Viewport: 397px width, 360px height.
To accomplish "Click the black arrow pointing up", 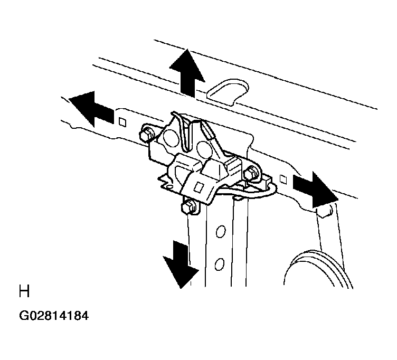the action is [x=187, y=73].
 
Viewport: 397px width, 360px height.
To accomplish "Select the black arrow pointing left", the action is [x=91, y=109].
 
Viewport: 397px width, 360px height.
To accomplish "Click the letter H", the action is [x=24, y=291].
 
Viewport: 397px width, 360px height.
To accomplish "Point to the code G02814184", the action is [x=54, y=316].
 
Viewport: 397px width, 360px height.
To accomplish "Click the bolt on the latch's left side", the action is [x=147, y=134].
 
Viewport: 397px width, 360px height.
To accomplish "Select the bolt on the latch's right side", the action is [x=251, y=174].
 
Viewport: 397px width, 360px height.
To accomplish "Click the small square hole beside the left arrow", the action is [x=122, y=122].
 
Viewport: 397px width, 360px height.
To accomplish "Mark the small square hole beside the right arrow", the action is [x=283, y=179].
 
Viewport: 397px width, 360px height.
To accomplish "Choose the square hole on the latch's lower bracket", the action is [x=199, y=187].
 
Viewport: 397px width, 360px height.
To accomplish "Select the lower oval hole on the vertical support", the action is [x=220, y=264].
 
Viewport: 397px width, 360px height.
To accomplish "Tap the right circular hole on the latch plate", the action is [x=204, y=148].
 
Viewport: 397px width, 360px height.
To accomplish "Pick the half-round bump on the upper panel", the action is [x=228, y=92].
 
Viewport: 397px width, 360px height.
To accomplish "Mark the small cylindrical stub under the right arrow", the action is [x=325, y=211].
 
